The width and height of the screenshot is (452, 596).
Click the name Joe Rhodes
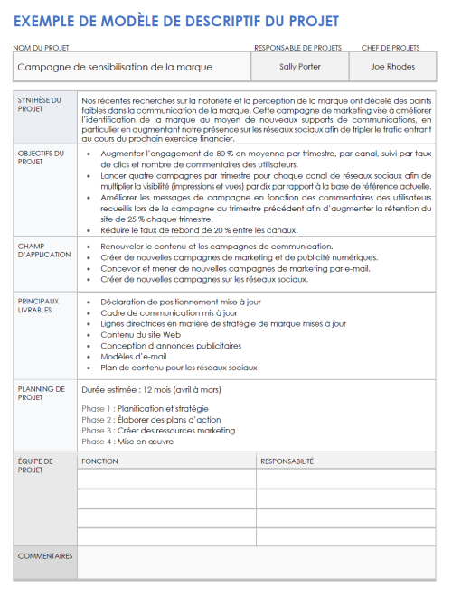(394, 66)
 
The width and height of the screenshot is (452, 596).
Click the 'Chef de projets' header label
(391, 47)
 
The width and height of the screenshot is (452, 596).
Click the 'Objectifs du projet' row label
(41, 158)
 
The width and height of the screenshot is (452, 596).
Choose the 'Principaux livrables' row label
(40, 305)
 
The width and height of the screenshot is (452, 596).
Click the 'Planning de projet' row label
(42, 394)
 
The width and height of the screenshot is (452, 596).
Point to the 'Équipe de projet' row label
(36, 466)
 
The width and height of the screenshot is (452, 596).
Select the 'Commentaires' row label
(45, 556)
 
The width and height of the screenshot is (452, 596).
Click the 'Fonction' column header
(99, 461)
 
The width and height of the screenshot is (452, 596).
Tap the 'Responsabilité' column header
(287, 461)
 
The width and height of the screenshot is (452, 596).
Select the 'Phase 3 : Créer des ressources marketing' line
(158, 431)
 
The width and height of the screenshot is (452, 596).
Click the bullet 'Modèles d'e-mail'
(134, 357)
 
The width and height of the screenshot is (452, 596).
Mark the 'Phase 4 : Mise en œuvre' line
(127, 442)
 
